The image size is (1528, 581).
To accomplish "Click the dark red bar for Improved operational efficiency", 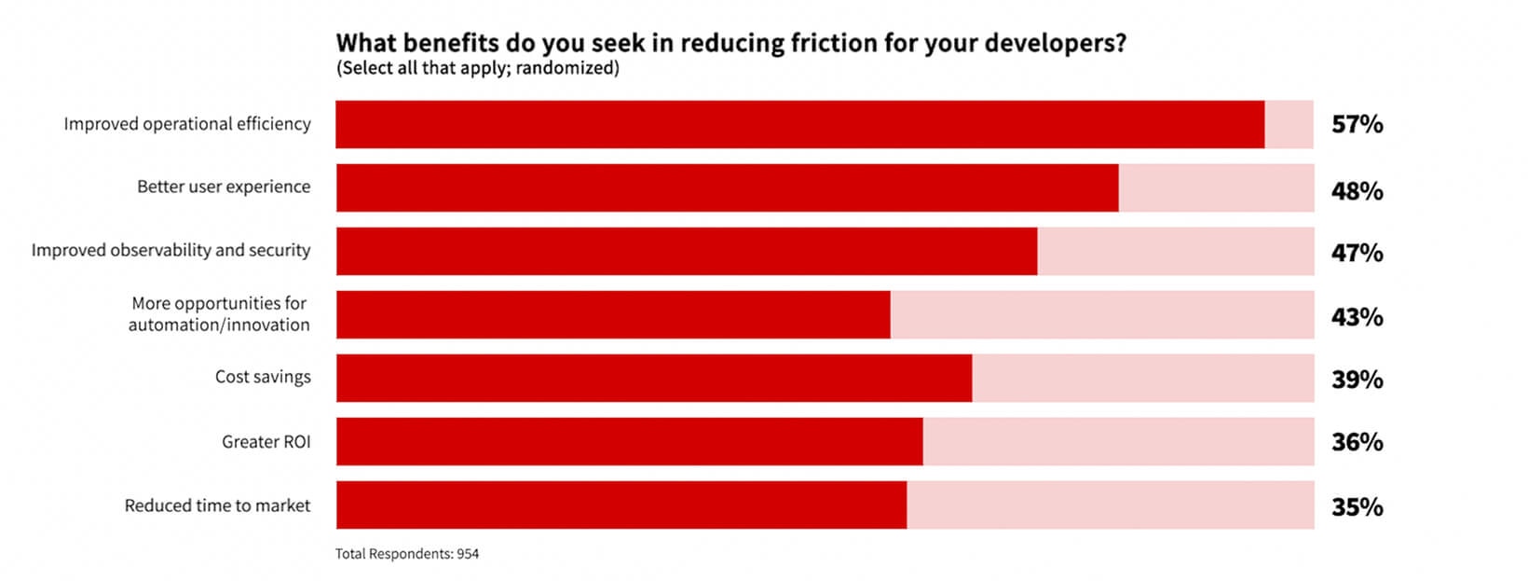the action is tap(800, 124).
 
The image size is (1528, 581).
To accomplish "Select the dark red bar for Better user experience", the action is tap(727, 187).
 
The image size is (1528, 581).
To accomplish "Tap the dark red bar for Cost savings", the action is tap(654, 378).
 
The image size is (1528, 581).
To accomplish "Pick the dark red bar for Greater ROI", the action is tap(630, 441).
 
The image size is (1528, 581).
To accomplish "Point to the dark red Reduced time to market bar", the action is tap(621, 505).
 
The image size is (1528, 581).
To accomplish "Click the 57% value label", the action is tap(1357, 124).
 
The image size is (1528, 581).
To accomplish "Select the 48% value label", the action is tap(1357, 191).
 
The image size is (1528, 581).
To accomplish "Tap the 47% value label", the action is tap(1357, 254).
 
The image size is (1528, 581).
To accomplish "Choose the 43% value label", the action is tap(1357, 317).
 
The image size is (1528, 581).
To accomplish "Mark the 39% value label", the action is tap(1357, 380).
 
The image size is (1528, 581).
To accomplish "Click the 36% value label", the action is tap(1357, 442).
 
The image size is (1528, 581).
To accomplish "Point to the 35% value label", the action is tap(1357, 507).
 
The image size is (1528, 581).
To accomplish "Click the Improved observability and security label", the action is tap(171, 251).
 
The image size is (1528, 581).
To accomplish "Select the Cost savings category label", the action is tap(263, 377).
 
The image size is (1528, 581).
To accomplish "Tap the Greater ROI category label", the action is tap(266, 442).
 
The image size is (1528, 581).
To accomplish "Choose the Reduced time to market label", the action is tap(217, 505).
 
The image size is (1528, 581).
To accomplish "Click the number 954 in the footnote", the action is tap(468, 554).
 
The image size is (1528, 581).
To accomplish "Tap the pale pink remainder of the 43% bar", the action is tap(1102, 314).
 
